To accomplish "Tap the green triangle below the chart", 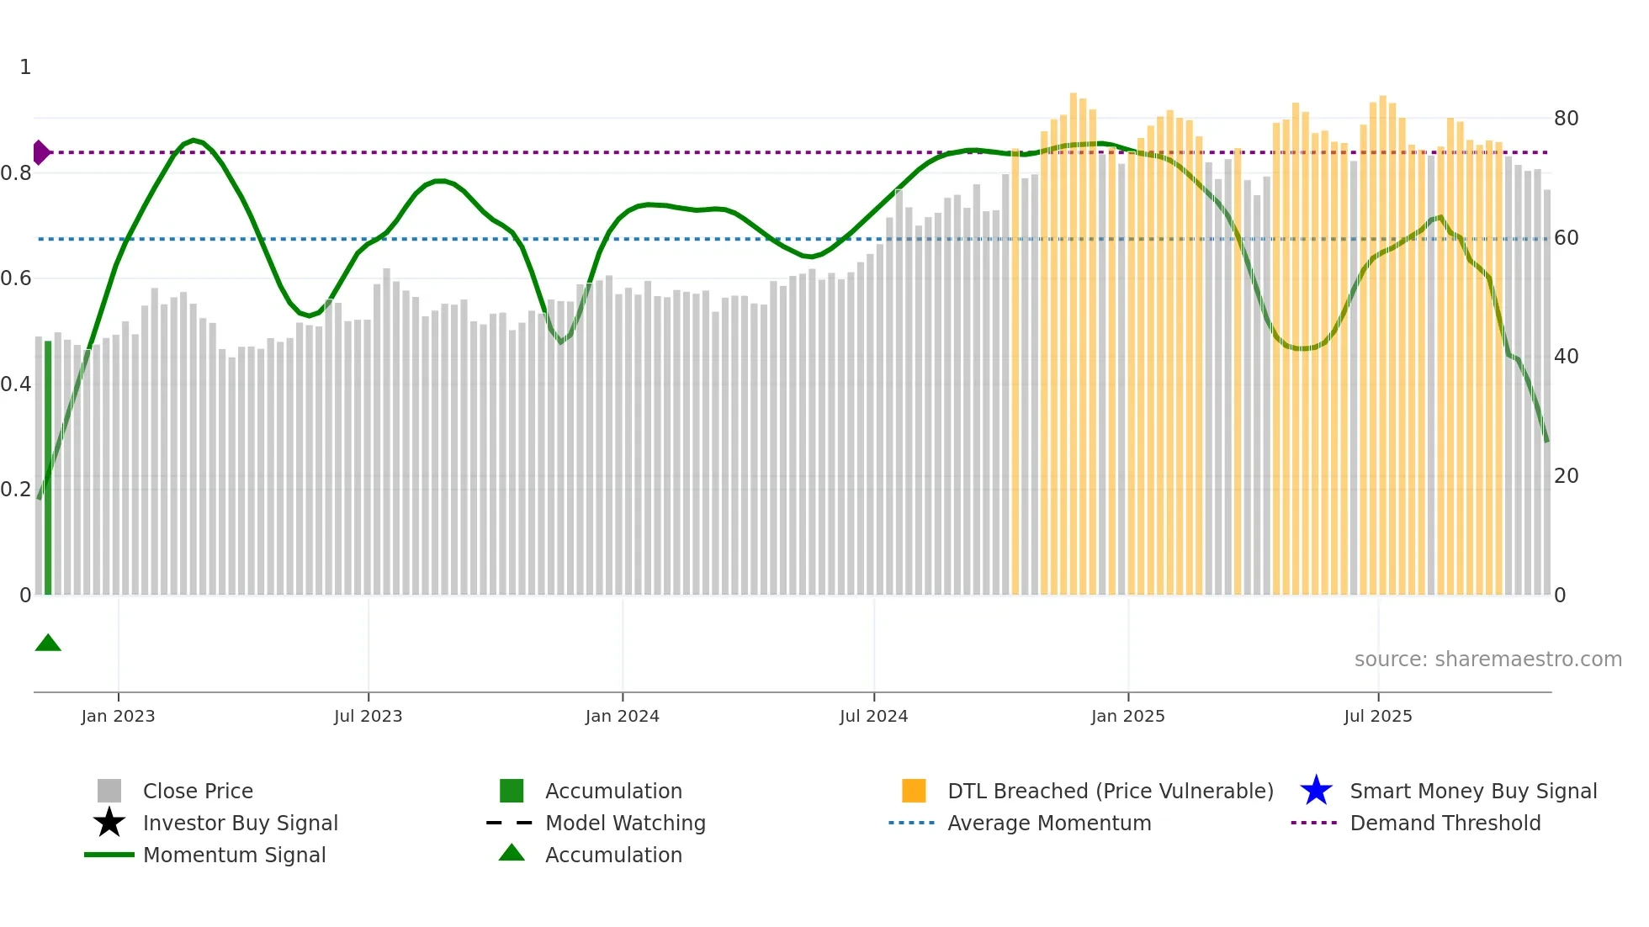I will click(x=48, y=644).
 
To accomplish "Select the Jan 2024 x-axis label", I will click(x=622, y=716).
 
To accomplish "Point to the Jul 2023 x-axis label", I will click(x=368, y=716).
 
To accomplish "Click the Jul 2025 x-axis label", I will click(x=1377, y=716).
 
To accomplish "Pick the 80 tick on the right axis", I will click(x=1566, y=119).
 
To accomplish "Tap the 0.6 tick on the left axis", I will click(x=15, y=278).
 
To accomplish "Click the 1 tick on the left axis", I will click(x=25, y=67).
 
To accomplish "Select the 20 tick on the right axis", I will click(x=1566, y=476).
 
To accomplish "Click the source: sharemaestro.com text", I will click(x=1487, y=659).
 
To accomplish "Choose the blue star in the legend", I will click(x=1316, y=791).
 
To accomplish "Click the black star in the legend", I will click(x=109, y=823).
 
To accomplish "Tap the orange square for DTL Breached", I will click(x=914, y=791).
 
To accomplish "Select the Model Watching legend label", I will click(x=625, y=823).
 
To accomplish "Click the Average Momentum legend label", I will click(x=1049, y=823).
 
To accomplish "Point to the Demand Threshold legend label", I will click(x=1445, y=823).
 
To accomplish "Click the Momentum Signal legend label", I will click(x=234, y=855).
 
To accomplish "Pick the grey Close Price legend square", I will click(x=109, y=791).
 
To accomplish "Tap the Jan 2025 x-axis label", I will click(x=1127, y=716).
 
